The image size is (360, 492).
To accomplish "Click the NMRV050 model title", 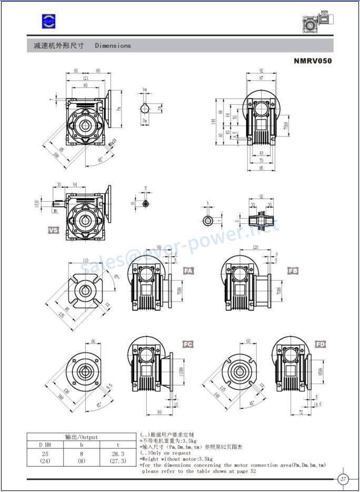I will tap(313, 61).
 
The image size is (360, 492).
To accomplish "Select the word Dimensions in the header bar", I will tap(113, 46).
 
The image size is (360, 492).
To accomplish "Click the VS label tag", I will tap(54, 230).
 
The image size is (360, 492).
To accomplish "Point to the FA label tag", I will tap(188, 271).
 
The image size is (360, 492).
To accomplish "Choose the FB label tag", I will tap(293, 271).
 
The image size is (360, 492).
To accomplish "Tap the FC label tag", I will tap(188, 344).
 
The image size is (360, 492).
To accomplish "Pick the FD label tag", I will tap(321, 344).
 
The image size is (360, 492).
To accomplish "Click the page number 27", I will tap(343, 479).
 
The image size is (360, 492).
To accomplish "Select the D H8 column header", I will tap(45, 445).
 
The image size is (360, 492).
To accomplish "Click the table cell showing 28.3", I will tap(118, 454).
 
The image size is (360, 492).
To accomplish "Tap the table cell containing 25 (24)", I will tap(45, 457).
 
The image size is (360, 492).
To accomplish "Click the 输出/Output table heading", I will tap(82, 437).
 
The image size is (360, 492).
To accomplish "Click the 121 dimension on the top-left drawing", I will tap(85, 78).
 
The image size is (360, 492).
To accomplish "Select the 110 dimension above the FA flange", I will tap(85, 261).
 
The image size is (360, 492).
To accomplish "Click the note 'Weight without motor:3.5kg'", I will tap(176, 459).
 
